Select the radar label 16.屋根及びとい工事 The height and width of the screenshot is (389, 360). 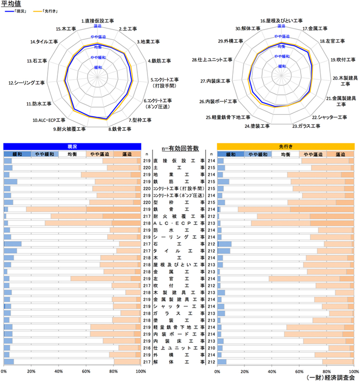tap(281, 21)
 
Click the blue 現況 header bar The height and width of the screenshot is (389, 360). tap(72, 146)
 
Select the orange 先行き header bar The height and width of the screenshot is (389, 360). tap(286, 146)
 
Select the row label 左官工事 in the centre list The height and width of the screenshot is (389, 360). tap(179, 279)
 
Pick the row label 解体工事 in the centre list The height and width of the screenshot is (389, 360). tap(179, 362)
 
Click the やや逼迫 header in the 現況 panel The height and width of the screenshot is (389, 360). tap(100, 154)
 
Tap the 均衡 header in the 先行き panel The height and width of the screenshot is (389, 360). tap(286, 154)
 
